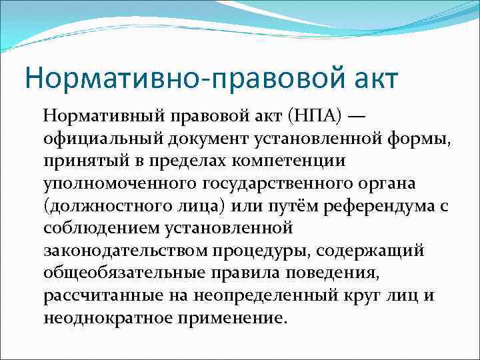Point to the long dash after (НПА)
pyautogui.click(x=357, y=119)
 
